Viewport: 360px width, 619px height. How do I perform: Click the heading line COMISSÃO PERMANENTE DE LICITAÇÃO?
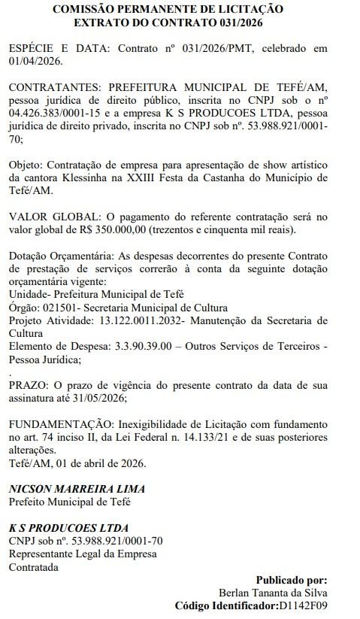168,9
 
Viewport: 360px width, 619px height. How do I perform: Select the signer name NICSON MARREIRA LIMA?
77,488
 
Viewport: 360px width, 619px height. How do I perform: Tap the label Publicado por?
292,579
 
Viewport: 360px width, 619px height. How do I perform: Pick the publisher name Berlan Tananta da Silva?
273,592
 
